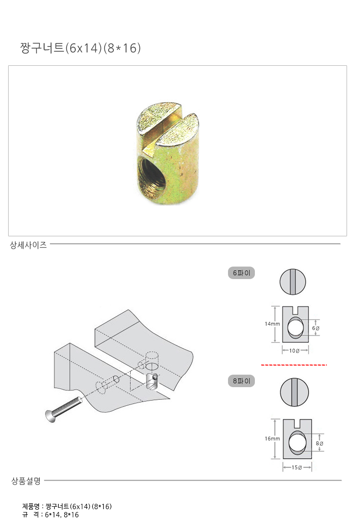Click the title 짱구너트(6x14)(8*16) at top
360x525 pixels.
click(x=80, y=48)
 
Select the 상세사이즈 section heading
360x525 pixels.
click(x=28, y=245)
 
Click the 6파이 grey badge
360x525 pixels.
click(x=241, y=273)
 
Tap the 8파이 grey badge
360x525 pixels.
click(x=241, y=381)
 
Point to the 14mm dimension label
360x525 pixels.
click(x=272, y=324)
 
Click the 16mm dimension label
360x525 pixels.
click(x=272, y=439)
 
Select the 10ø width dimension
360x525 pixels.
click(x=294, y=351)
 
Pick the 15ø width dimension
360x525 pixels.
click(x=297, y=467)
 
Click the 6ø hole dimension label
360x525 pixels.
click(x=316, y=328)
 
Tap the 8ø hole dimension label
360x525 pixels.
click(x=320, y=443)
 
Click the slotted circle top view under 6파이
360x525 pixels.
click(x=293, y=281)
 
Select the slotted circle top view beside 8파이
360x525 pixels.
click(x=294, y=392)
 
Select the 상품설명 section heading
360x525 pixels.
click(x=26, y=481)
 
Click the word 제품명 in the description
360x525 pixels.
click(x=31, y=506)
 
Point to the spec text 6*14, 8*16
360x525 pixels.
click(x=62, y=514)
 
